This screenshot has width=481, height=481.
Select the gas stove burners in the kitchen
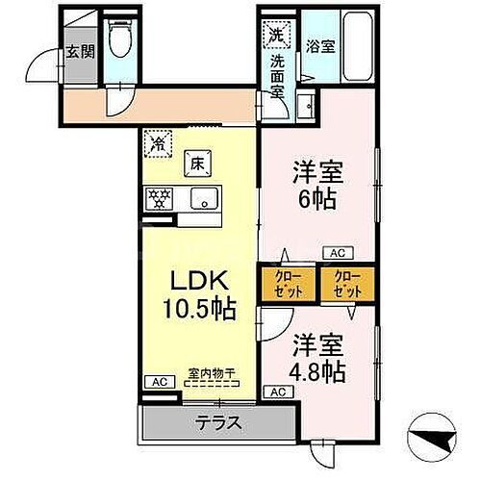[158, 199]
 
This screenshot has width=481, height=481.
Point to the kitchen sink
[204, 199]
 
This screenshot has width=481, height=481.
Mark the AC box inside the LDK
[158, 381]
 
